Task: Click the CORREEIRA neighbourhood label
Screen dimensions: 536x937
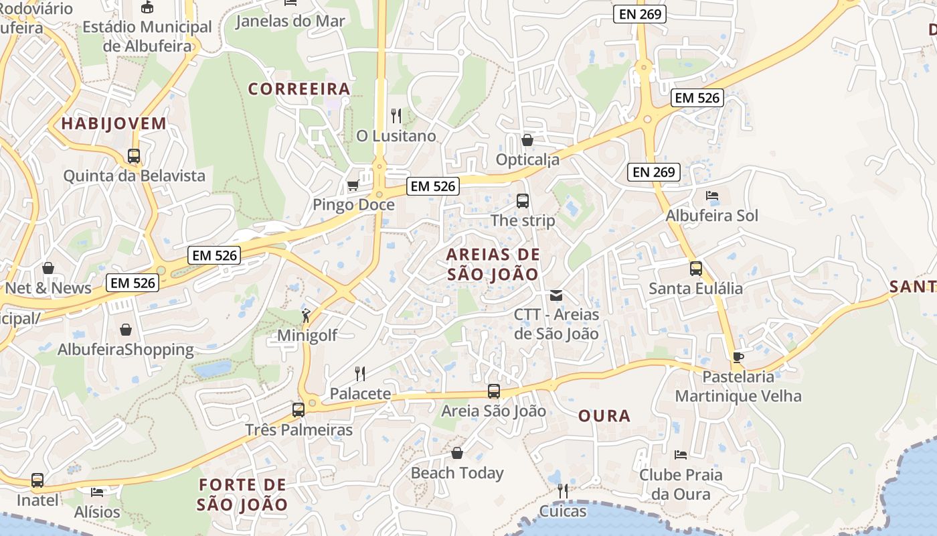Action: [x=299, y=89]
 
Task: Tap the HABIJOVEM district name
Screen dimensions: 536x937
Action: [x=114, y=123]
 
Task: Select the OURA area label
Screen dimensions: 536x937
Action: [x=604, y=416]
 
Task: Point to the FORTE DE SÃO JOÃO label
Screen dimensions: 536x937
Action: [x=243, y=494]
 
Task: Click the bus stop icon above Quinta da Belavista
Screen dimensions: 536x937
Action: [x=134, y=156]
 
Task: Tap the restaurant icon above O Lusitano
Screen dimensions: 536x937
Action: [x=396, y=116]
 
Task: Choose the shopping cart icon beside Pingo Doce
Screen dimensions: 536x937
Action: [x=353, y=184]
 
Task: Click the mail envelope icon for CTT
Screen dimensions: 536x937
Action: [x=556, y=295]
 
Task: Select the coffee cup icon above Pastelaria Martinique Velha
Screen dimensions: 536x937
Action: [x=738, y=357]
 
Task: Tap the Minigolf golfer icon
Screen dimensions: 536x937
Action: [x=306, y=316]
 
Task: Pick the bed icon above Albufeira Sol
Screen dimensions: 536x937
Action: [x=712, y=196]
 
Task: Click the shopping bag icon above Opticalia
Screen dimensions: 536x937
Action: [x=527, y=140]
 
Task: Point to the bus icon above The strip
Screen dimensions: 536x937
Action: [x=523, y=200]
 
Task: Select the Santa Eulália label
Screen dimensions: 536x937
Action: [x=696, y=289]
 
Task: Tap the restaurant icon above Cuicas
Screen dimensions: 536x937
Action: [x=563, y=491]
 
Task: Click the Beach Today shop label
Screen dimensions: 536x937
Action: [x=457, y=473]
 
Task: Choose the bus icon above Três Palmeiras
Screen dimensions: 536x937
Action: [x=299, y=409]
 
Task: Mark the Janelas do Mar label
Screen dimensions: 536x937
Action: [x=290, y=21]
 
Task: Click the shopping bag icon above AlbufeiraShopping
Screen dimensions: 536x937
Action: [x=125, y=330]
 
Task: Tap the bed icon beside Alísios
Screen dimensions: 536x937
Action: [x=97, y=492]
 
